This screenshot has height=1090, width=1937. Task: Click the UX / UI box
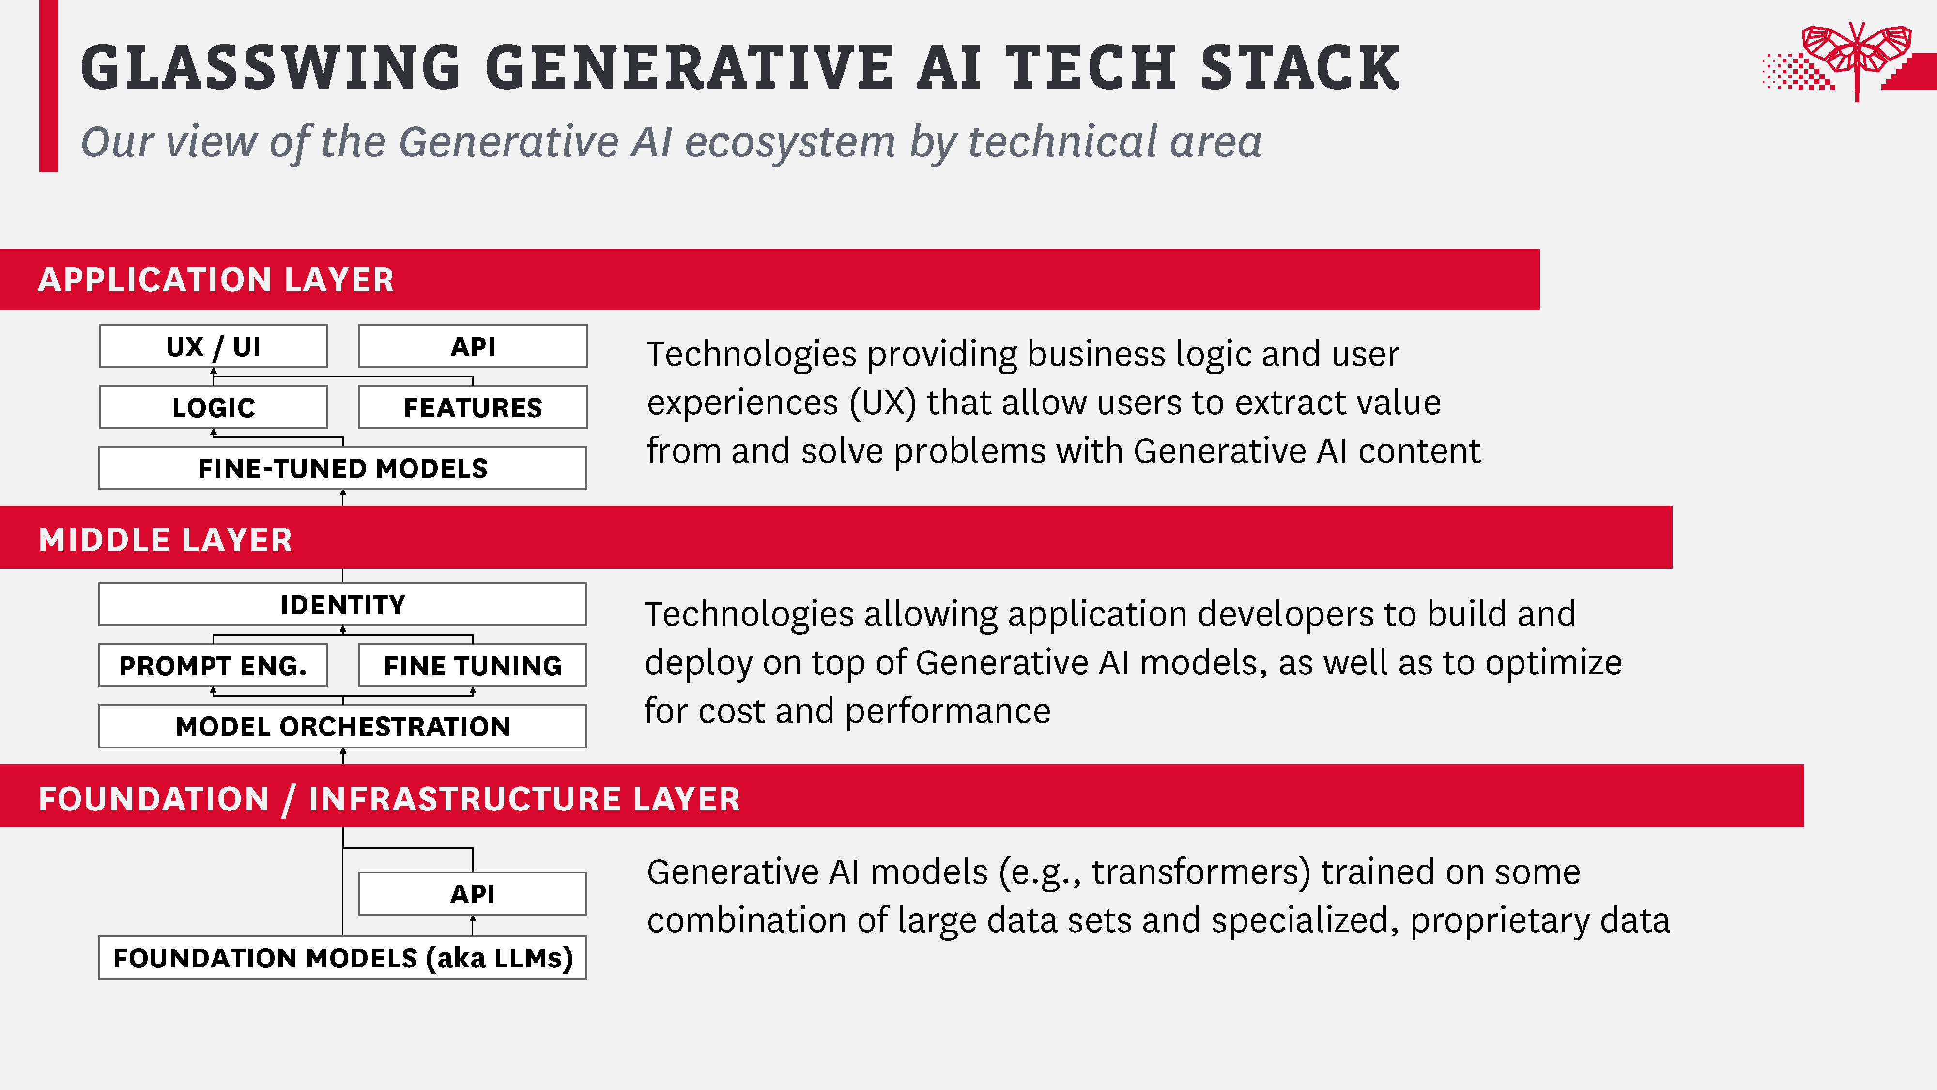coord(214,346)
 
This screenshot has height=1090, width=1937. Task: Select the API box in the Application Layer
coord(473,346)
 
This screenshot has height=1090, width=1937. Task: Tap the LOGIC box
coord(214,407)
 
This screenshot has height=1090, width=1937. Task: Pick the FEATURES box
coord(473,407)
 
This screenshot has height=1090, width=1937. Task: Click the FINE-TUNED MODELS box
coord(343,468)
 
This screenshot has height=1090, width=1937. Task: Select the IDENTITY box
coord(343,604)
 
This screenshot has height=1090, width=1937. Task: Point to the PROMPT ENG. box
coord(214,665)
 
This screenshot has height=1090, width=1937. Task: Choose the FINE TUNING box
coord(473,665)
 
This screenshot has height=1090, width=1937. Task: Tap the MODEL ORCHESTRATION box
coord(343,726)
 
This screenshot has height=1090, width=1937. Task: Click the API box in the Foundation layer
coord(473,894)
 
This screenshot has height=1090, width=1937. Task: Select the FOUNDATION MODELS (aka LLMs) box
coord(343,958)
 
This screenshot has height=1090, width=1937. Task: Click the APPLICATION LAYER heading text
coord(216,280)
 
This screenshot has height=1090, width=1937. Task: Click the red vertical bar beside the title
coord(48,86)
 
